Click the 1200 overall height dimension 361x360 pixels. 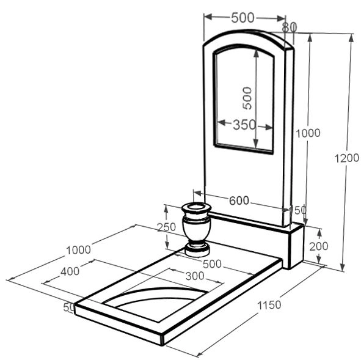point(346,158)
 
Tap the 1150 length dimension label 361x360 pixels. point(269,305)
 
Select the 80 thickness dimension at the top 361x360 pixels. point(290,27)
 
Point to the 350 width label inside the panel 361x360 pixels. point(244,125)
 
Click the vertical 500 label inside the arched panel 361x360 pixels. point(247,98)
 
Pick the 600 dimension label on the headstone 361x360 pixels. point(239,200)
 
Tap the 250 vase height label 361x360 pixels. point(166,227)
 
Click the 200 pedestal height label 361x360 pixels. point(319,246)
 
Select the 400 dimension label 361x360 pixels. point(70,271)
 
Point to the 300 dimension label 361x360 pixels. point(195,276)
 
